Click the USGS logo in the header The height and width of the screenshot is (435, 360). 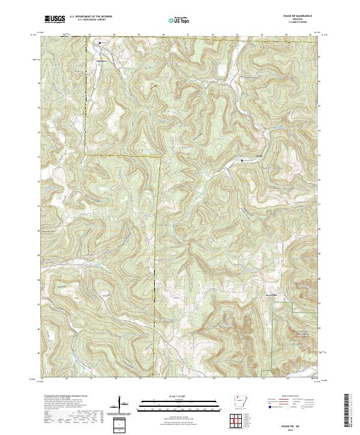point(55,19)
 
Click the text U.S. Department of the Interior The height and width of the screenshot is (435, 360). point(90,16)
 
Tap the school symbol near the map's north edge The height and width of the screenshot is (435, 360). point(100,43)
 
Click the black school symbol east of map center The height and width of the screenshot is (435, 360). point(242,160)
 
